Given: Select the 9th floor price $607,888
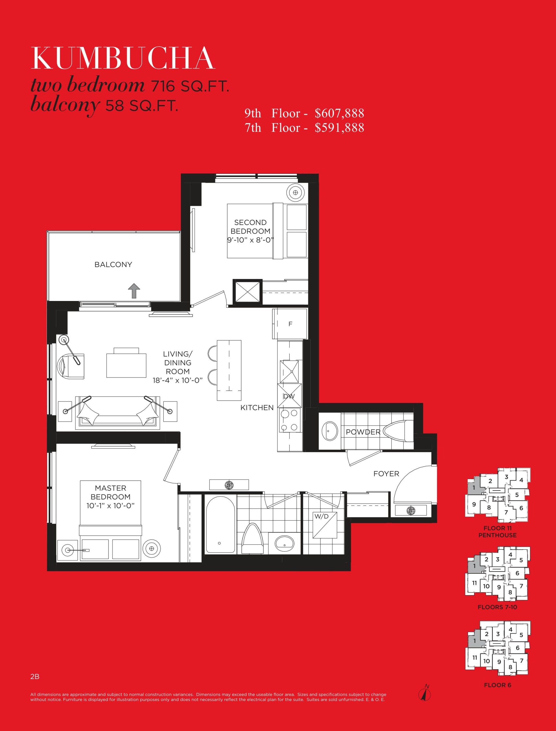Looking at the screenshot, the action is (339, 113).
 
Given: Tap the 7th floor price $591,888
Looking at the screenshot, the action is (339, 128).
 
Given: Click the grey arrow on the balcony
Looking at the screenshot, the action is (134, 291).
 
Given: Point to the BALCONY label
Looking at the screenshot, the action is (113, 265).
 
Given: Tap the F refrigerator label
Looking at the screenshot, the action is (290, 324).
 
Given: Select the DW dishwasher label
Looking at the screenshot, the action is (289, 396).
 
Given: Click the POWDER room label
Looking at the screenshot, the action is (363, 432).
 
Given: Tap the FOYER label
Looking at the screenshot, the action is (386, 474).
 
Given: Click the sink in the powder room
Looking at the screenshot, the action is (330, 431).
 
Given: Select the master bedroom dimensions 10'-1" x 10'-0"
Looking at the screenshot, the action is (111, 506).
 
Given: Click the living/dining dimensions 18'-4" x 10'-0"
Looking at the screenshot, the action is (178, 380).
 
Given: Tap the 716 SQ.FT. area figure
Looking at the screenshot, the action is (190, 86).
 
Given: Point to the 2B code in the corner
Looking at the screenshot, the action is (35, 677).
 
